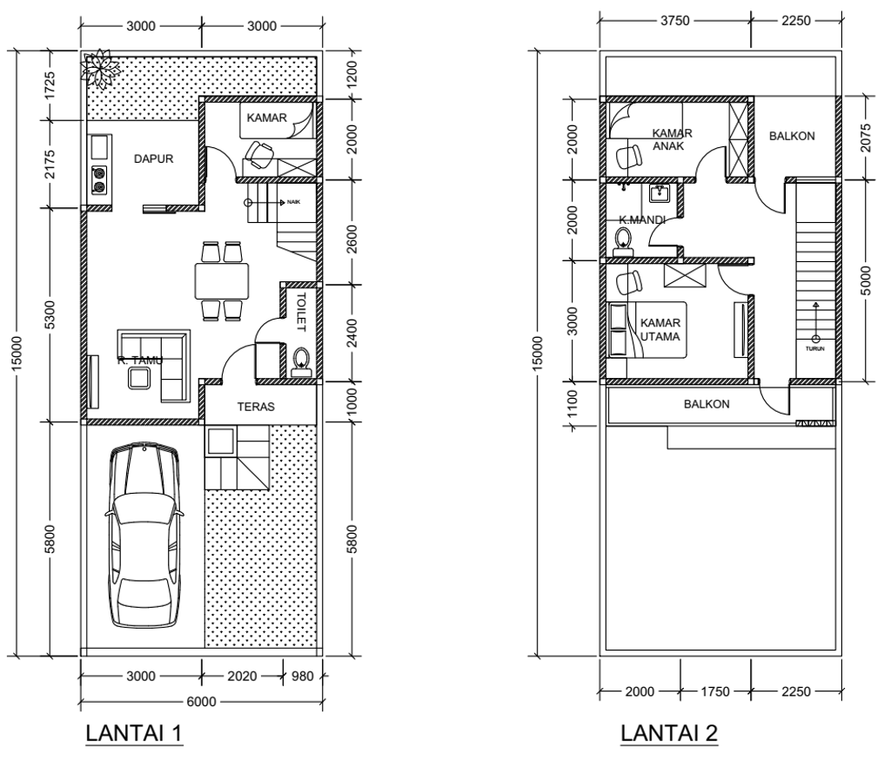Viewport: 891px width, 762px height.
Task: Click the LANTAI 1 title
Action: coord(134,733)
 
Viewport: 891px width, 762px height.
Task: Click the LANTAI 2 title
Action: coord(669,733)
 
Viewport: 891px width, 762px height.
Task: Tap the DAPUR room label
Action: coord(153,159)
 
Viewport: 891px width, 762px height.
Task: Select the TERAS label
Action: coord(256,407)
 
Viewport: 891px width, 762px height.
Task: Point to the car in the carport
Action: coord(144,536)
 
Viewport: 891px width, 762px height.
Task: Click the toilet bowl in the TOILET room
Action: coord(301,362)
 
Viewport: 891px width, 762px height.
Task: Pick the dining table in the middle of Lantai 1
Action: coord(222,280)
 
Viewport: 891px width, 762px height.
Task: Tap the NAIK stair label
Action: coord(294,202)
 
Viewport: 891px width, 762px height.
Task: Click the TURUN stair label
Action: coord(814,348)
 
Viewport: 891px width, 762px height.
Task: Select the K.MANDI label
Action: coord(642,219)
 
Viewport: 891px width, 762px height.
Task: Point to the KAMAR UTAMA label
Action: coord(660,330)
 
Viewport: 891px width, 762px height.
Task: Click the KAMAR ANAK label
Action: coord(673,139)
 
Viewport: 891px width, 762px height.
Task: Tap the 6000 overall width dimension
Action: coord(202,702)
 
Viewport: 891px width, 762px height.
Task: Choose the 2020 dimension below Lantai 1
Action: coord(242,676)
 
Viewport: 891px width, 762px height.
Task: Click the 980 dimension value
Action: coord(302,676)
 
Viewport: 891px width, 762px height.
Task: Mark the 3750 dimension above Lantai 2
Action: coord(675,21)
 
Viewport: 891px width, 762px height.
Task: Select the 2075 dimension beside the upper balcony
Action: coord(866,138)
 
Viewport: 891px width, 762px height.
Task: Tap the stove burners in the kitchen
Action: coord(99,179)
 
